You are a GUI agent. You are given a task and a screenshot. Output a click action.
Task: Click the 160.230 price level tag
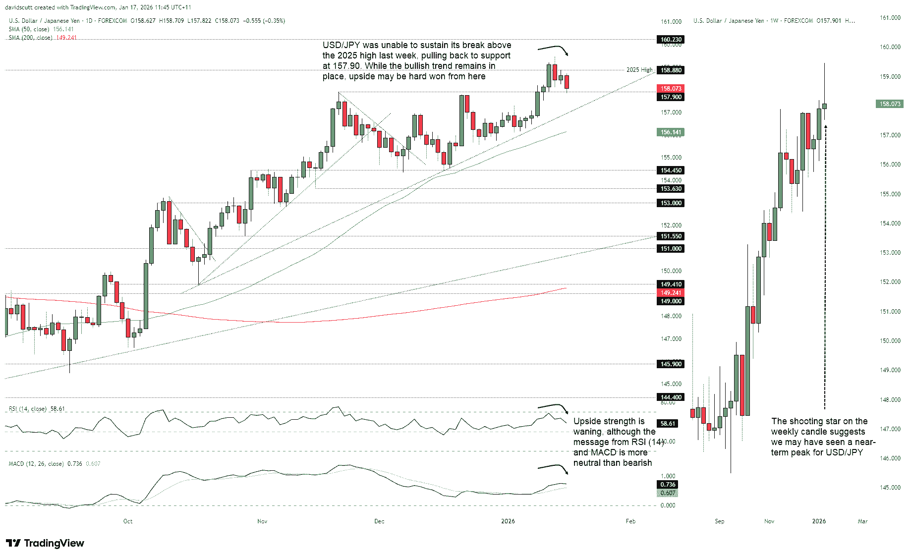coord(671,39)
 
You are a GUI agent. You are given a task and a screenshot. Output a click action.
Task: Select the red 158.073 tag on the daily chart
coord(671,89)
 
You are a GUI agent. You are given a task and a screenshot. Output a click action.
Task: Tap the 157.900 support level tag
coord(671,97)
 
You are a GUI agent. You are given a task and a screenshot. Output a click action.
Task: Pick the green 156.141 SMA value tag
coord(671,132)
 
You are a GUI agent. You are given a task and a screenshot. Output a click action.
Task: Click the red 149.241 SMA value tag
coord(671,293)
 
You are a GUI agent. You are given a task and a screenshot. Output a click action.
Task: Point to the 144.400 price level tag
coord(671,397)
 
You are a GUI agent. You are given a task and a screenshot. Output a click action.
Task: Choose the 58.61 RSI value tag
coord(668,423)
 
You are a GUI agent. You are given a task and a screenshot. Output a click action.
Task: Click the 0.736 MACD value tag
coord(668,484)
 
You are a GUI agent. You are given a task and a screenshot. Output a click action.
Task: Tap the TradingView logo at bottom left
coord(45,543)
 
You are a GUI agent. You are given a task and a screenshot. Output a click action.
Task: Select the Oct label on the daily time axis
coord(128,521)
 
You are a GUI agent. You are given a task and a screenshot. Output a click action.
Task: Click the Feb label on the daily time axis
coord(630,521)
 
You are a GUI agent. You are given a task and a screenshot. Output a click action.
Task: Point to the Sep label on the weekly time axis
coord(720,521)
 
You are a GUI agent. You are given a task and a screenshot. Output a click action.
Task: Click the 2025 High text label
coord(639,70)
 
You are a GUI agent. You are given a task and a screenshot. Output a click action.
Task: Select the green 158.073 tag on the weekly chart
coord(890,104)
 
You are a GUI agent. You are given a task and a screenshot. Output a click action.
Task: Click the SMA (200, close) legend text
coord(30,38)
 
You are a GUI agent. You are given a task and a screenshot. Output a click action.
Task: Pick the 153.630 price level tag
coord(671,188)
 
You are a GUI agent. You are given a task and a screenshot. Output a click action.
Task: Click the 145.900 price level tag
coord(671,364)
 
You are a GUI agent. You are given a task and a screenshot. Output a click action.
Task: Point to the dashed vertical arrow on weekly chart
coord(825,268)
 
